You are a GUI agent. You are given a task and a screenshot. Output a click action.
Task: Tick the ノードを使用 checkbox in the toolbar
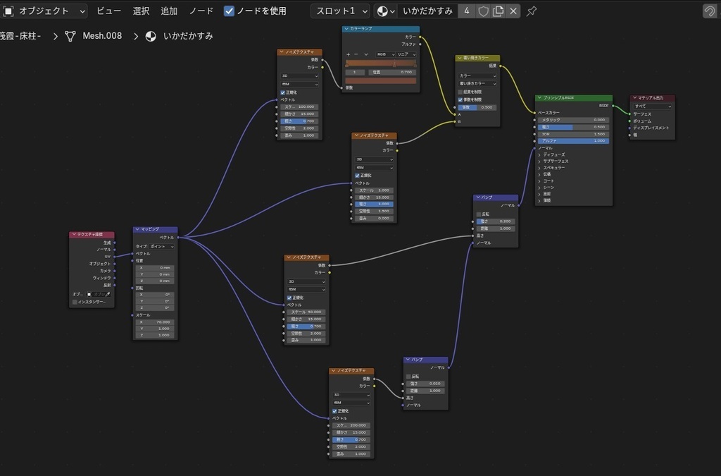click(229, 11)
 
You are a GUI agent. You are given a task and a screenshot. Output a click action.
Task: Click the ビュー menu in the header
click(108, 11)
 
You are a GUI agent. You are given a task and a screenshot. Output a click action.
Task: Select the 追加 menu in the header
click(169, 11)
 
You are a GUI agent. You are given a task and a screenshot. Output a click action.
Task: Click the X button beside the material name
click(513, 11)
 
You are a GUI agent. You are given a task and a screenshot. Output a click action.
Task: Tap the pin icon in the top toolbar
click(532, 11)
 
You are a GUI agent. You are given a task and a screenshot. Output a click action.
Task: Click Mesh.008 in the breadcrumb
click(102, 36)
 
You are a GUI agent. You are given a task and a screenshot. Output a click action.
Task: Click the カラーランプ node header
click(380, 29)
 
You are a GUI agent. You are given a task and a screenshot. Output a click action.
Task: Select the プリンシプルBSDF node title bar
click(574, 98)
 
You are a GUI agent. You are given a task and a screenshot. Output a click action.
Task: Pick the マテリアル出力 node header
click(652, 98)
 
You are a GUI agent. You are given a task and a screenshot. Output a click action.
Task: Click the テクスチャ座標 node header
click(92, 234)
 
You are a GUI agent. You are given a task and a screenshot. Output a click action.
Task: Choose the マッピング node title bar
click(155, 229)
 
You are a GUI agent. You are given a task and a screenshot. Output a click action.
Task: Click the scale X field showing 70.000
click(156, 322)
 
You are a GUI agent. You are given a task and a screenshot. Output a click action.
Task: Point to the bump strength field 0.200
click(497, 221)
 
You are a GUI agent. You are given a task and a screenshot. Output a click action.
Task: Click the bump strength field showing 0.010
click(427, 383)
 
